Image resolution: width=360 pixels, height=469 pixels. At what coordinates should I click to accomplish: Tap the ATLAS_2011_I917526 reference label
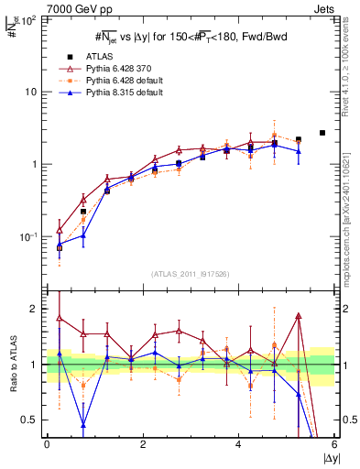[x=190, y=274]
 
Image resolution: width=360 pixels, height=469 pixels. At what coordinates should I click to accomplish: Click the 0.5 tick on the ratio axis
[x=33, y=420]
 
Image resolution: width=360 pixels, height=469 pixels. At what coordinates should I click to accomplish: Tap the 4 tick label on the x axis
[x=238, y=445]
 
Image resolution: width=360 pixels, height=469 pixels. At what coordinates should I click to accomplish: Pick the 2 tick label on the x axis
[x=143, y=445]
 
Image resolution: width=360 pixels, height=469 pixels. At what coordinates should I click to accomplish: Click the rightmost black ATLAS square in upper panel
[x=322, y=133]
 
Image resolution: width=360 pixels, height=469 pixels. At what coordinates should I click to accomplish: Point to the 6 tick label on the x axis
[x=333, y=445]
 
